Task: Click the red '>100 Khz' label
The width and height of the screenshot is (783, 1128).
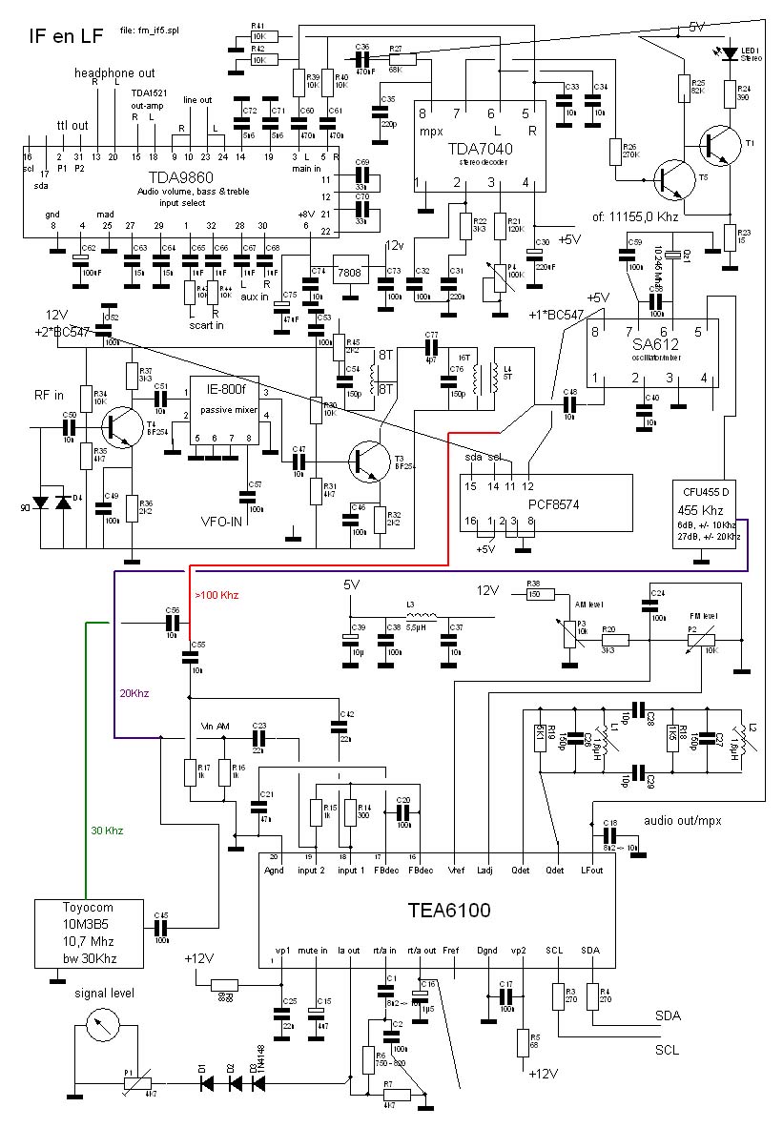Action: click(x=217, y=595)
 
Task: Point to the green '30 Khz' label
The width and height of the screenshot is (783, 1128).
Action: click(x=107, y=830)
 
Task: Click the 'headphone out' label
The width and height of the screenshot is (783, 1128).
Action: click(x=109, y=73)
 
